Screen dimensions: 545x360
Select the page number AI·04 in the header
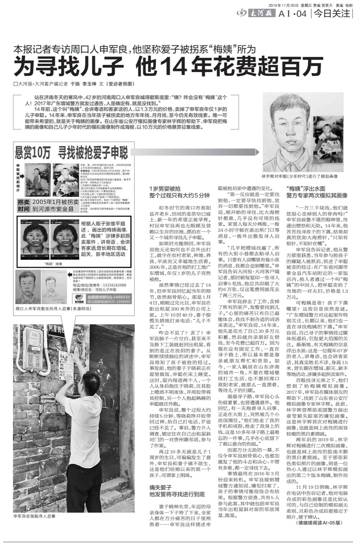tap(292, 14)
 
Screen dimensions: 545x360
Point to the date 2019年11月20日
tap(284, 5)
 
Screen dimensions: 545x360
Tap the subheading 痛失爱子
tap(161, 487)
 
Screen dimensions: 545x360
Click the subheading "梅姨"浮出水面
tap(306, 188)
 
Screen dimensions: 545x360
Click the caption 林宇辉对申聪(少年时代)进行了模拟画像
tap(299, 176)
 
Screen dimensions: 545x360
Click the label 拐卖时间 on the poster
tap(24, 205)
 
